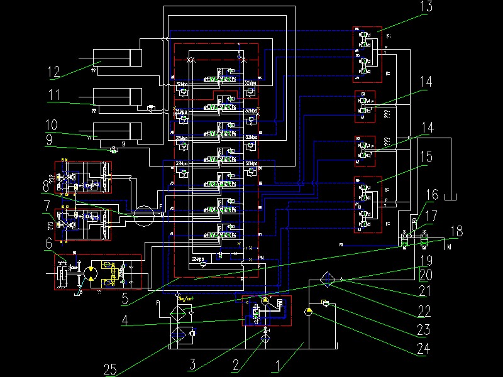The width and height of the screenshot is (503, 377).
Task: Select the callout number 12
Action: click(55, 72)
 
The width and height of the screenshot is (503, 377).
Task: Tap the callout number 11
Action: click(55, 96)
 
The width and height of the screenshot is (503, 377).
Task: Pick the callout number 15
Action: click(426, 156)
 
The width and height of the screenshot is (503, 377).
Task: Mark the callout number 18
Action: click(457, 231)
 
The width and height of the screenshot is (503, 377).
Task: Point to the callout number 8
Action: click(46, 186)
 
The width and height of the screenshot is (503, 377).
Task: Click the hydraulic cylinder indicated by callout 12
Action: click(116, 58)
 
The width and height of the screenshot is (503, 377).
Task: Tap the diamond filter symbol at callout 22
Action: click(326, 280)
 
